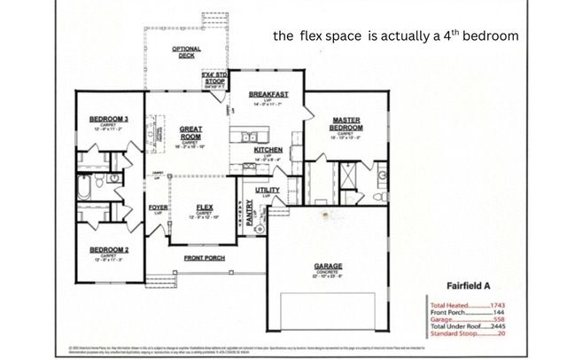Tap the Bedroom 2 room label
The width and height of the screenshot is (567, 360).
pyautogui.click(x=109, y=250)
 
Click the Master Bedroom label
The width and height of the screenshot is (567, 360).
pyautogui.click(x=344, y=124)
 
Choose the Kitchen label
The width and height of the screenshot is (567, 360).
pyautogui.click(x=268, y=151)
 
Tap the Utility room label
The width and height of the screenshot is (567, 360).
pyautogui.click(x=268, y=190)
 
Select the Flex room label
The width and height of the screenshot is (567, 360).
pyautogui.click(x=205, y=207)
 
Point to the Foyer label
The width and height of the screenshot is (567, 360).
pyautogui.click(x=159, y=207)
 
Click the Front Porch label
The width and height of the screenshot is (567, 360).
pyautogui.click(x=205, y=258)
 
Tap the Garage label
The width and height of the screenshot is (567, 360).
pyautogui.click(x=328, y=265)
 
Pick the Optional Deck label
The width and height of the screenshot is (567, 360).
pyautogui.click(x=186, y=51)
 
